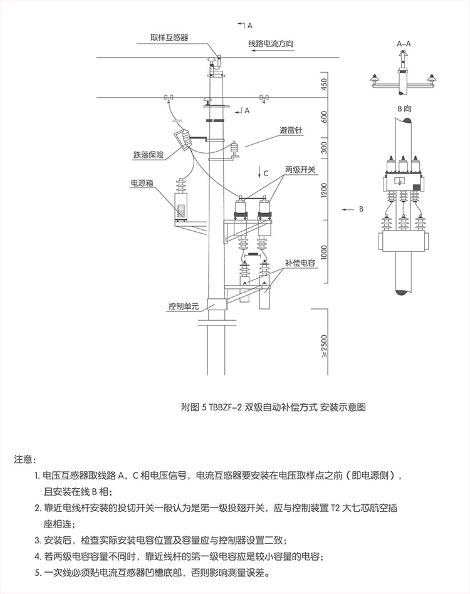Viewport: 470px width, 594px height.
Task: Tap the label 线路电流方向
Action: click(271, 44)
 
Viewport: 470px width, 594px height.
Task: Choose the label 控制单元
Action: click(183, 306)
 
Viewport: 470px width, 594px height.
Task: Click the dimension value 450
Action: click(324, 85)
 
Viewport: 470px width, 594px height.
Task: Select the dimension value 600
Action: click(324, 117)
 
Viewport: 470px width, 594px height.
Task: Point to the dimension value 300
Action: click(324, 147)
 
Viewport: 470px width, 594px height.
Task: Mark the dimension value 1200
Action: click(324, 190)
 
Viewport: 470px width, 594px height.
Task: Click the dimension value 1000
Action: click(324, 252)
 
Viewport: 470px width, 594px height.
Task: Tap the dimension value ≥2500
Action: click(324, 346)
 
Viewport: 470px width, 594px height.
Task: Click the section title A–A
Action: click(404, 44)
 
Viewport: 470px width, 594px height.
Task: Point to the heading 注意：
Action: click(26, 460)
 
